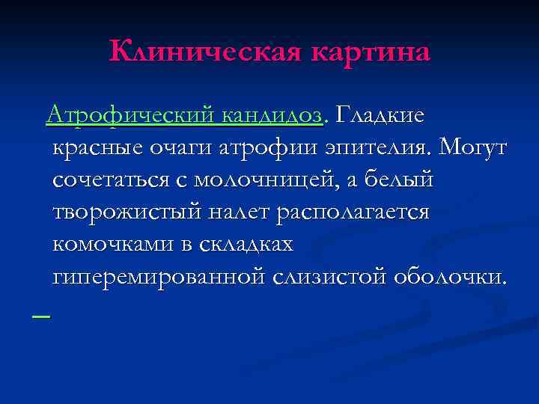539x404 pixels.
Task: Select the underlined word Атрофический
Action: coord(133,116)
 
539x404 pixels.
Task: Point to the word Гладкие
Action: coord(380,116)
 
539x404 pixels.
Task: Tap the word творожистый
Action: coord(127,212)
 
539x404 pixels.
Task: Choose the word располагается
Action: coord(354,212)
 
